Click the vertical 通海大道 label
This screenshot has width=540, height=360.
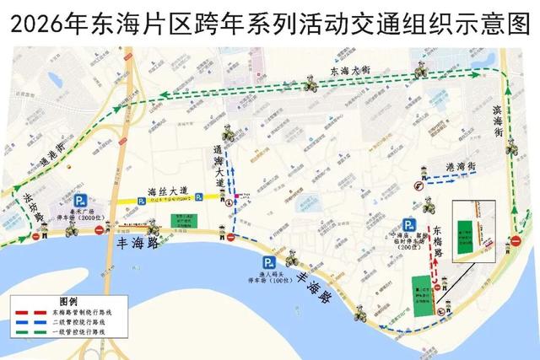click(x=219, y=167)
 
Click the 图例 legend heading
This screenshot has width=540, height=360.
click(x=67, y=301)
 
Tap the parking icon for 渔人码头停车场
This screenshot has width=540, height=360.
click(x=267, y=262)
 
